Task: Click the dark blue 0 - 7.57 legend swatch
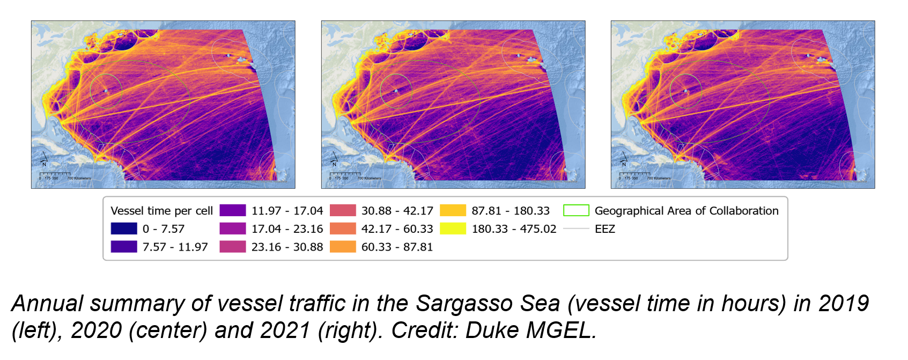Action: click(124, 229)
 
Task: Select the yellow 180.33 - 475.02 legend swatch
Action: click(453, 229)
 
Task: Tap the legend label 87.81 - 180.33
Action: click(511, 211)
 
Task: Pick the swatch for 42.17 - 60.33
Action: click(343, 229)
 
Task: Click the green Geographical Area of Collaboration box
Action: click(576, 210)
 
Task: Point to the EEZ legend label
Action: click(604, 229)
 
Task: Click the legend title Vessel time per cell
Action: click(161, 211)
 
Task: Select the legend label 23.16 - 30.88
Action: click(287, 247)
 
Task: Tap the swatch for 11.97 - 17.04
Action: click(233, 210)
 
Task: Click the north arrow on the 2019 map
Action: click(44, 159)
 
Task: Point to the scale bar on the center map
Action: click(344, 174)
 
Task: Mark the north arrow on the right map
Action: click(624, 159)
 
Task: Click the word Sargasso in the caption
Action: click(488, 304)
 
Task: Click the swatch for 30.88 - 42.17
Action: click(343, 210)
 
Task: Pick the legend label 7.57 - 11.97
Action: click(175, 247)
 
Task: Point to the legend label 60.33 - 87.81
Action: click(397, 247)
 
